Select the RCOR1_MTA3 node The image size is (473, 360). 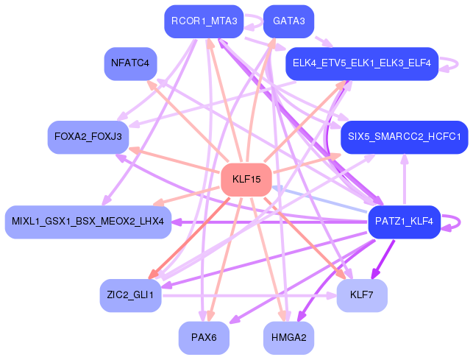[x=204, y=21]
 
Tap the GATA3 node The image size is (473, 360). [x=288, y=21]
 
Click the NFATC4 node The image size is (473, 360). [x=130, y=63]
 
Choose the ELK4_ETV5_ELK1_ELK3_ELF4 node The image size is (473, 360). [x=361, y=63]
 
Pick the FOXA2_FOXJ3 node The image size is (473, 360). [x=88, y=137]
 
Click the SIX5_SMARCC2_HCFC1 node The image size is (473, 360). [x=404, y=137]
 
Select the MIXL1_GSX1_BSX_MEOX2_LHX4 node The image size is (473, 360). [x=88, y=222]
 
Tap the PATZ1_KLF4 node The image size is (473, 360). [x=404, y=222]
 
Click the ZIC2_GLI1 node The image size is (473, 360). [x=130, y=295]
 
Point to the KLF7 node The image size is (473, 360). [x=361, y=295]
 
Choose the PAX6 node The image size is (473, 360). [x=204, y=337]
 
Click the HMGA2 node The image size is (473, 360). [x=288, y=337]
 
